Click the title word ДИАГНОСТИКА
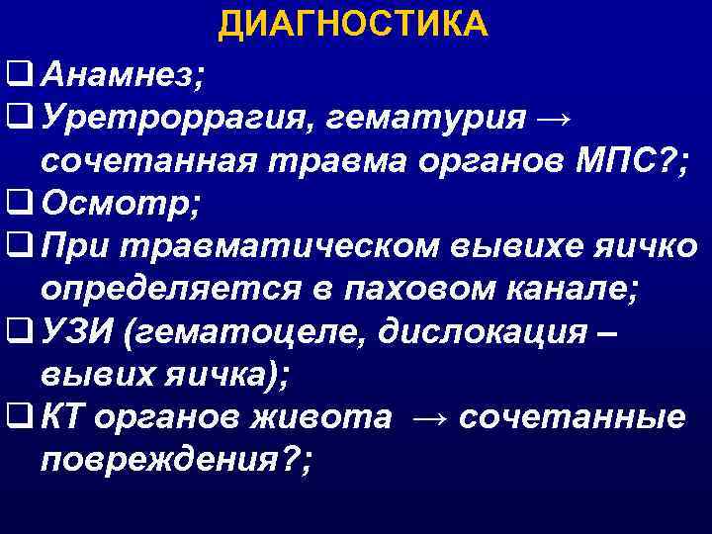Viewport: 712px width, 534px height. coord(353,24)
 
